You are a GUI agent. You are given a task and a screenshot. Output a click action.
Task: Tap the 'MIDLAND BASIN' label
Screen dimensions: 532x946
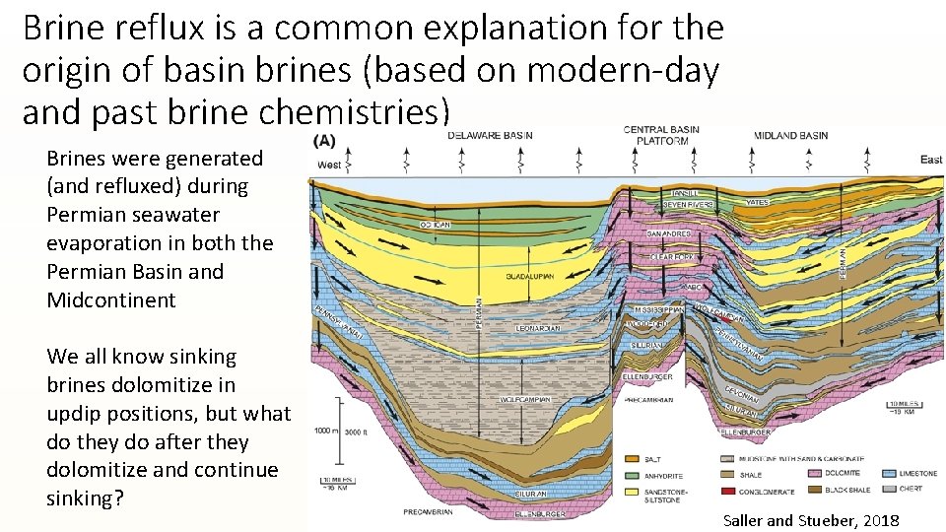(790, 135)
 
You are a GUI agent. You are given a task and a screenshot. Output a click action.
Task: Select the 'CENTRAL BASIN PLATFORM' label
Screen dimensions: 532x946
(661, 135)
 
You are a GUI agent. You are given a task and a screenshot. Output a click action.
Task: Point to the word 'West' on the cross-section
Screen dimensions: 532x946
(329, 165)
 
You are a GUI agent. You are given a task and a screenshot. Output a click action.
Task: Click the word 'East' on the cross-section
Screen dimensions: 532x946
(931, 160)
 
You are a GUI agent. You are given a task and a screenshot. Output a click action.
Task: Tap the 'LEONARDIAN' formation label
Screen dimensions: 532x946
(538, 328)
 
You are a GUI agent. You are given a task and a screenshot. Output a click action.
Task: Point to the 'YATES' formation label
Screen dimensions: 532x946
(756, 203)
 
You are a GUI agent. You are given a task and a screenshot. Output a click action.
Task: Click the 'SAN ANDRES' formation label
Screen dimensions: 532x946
(668, 233)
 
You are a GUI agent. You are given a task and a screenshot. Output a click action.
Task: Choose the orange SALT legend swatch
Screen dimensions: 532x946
(632, 459)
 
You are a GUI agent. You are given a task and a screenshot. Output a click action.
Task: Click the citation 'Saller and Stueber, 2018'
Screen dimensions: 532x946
(811, 519)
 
